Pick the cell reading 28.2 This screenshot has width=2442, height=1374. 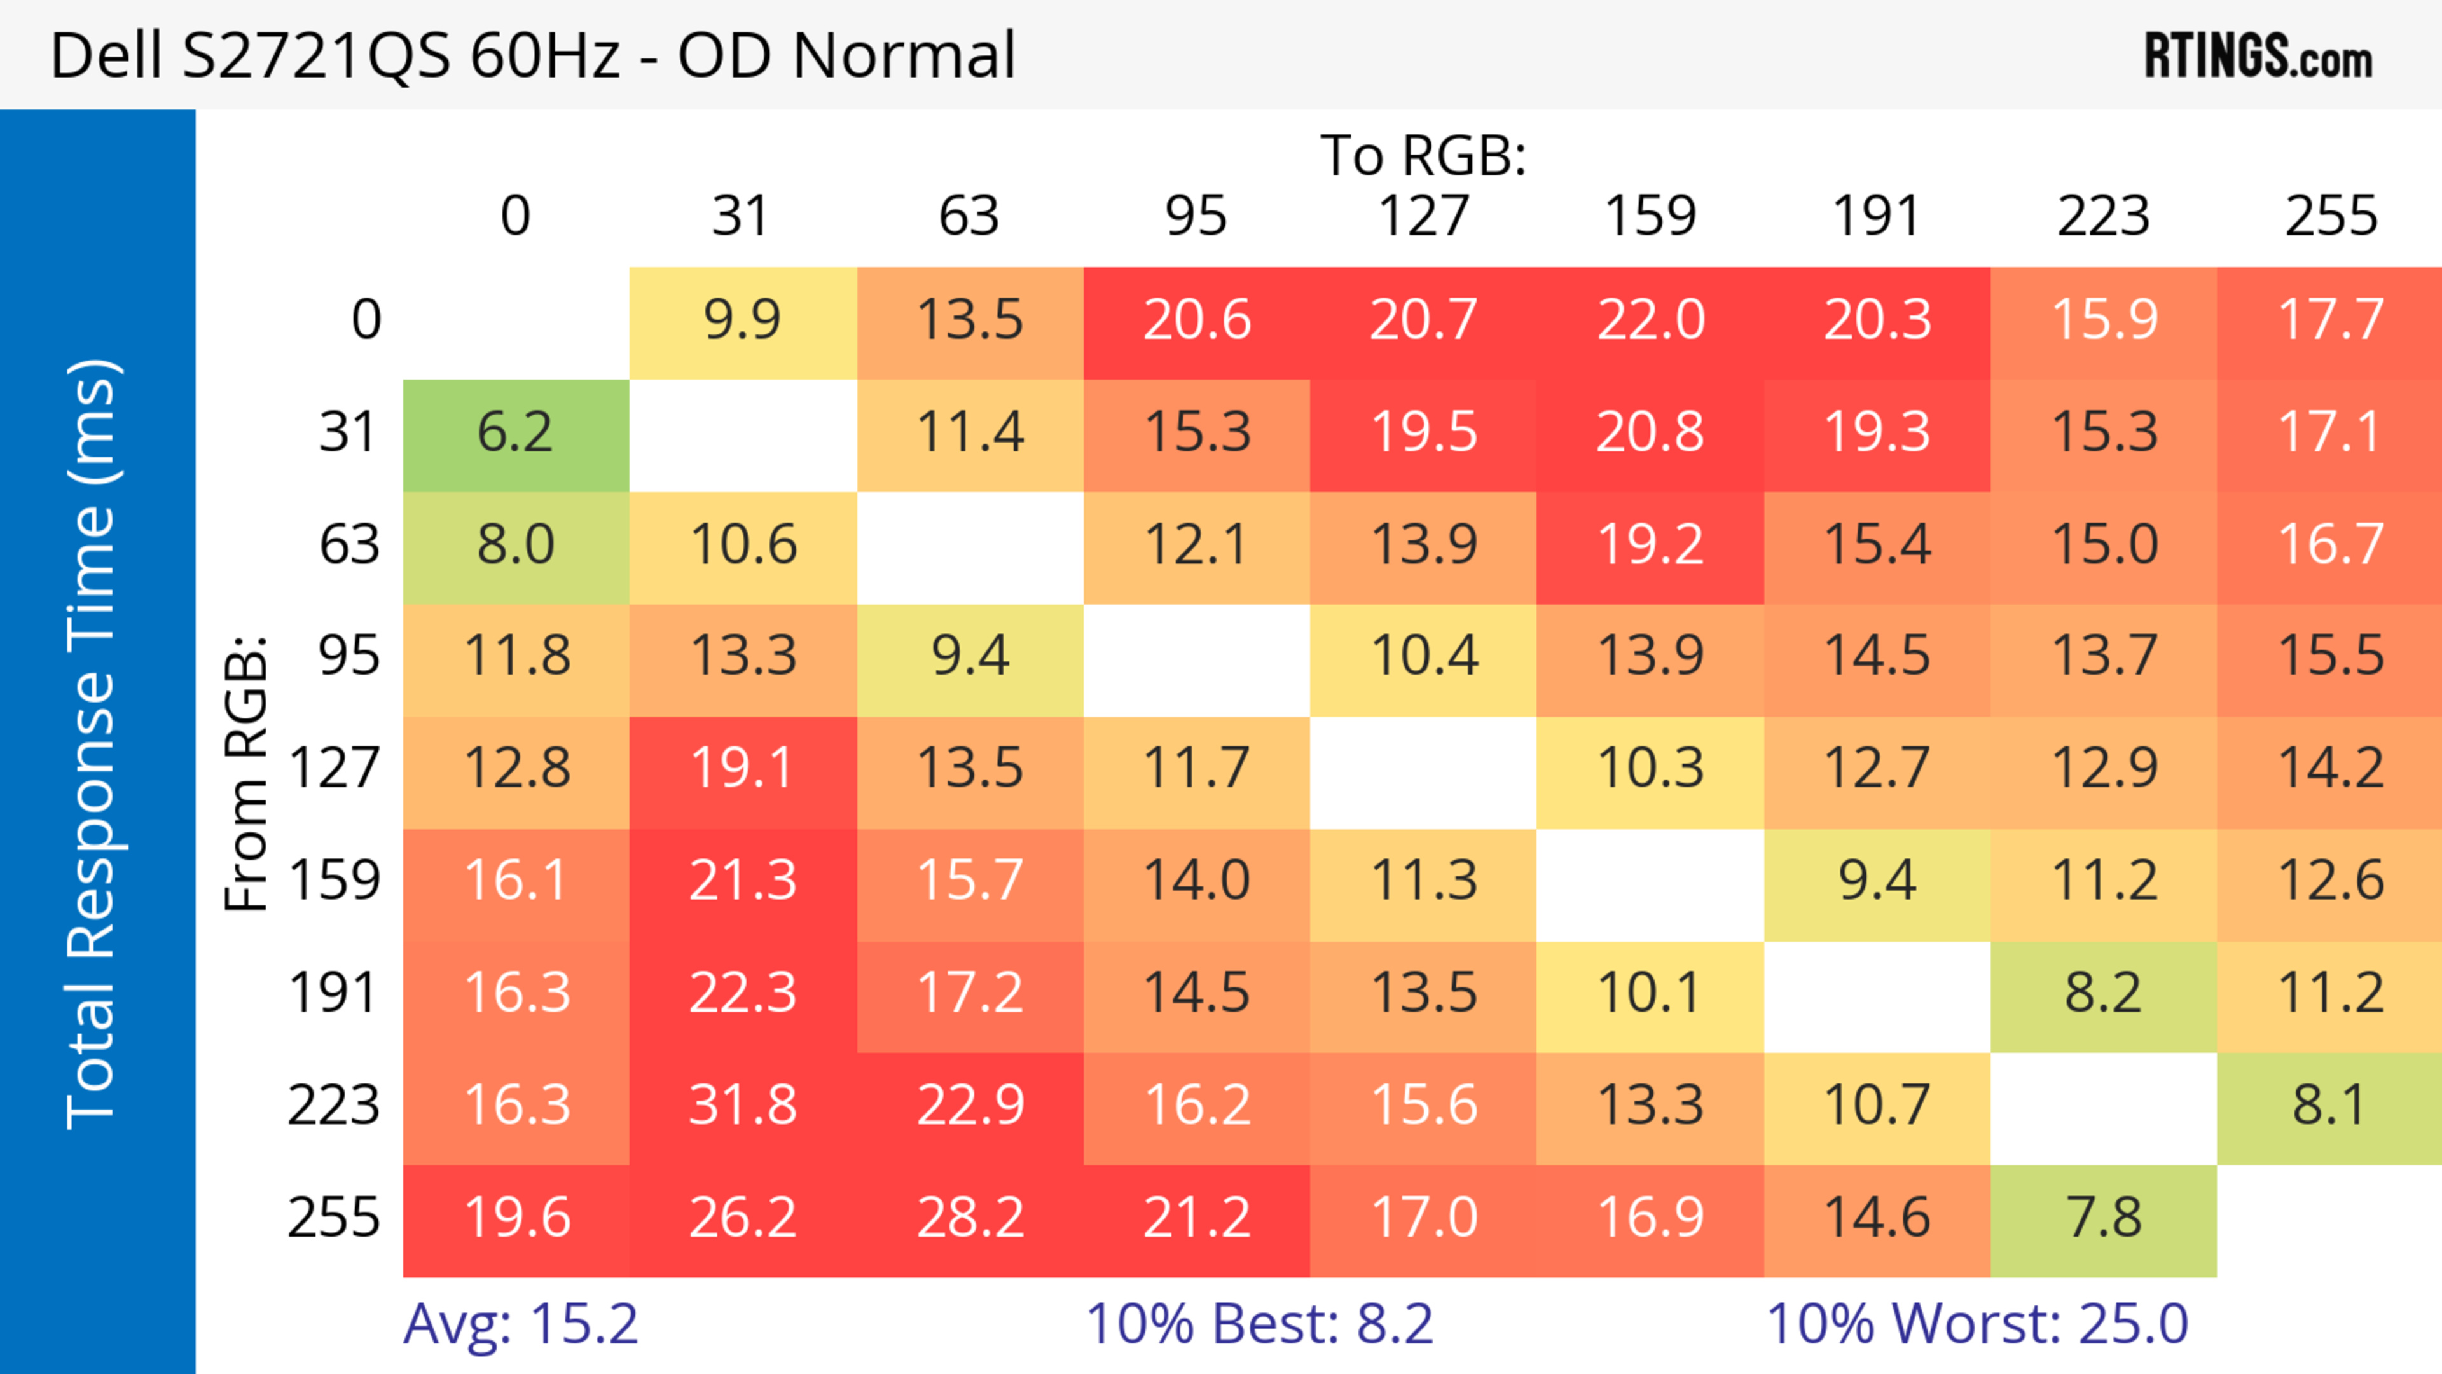coord(970,1218)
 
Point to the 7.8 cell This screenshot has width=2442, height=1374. coord(2104,1218)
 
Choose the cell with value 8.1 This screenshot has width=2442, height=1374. coord(2329,1105)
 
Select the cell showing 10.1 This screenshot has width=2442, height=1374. coord(1650,993)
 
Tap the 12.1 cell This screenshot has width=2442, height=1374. coord(1196,545)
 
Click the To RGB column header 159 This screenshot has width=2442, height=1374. coord(1650,216)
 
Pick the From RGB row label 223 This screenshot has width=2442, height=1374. coord(334,1105)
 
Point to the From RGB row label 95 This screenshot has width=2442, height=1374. coord(349,656)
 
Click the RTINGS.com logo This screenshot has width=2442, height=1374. coord(2258,57)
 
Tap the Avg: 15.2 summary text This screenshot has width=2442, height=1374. coord(520,1324)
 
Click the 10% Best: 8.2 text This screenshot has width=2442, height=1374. coord(1259,1324)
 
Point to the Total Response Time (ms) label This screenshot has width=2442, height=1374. coord(92,744)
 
